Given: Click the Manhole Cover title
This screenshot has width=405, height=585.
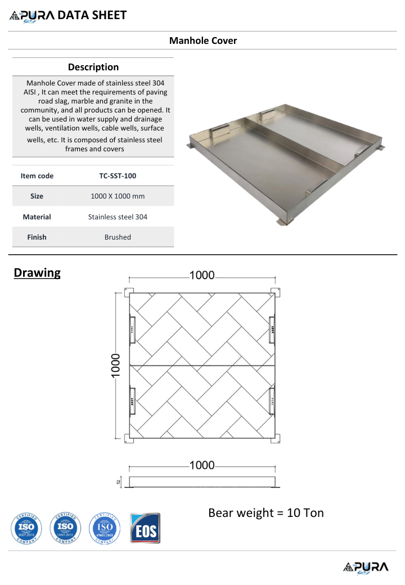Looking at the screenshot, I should [203, 40].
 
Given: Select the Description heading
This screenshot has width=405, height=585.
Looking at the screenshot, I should [93, 67].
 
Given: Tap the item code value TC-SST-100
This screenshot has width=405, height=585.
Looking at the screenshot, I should [118, 176].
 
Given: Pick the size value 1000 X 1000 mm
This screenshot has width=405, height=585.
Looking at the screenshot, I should [118, 196].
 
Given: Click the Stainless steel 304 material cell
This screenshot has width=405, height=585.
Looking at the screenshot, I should [118, 217].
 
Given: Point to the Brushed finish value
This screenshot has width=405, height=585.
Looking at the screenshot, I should [118, 237].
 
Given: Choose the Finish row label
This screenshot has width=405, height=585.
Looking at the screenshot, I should [37, 237].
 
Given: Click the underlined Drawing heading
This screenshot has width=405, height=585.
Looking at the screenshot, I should [37, 273].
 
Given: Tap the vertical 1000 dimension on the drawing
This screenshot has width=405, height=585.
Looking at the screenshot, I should [115, 366].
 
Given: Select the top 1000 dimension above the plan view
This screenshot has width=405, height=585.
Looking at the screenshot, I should [202, 275].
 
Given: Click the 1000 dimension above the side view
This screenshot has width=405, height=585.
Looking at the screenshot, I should [202, 465].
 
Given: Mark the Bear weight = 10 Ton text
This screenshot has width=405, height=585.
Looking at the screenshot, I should [266, 513].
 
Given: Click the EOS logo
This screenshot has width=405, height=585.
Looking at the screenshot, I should [145, 528].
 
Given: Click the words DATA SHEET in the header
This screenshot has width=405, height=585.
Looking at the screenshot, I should [92, 15].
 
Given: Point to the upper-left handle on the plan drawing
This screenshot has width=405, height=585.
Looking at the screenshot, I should [133, 328].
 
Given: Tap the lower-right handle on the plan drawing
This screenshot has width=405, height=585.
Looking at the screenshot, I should [272, 400].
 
